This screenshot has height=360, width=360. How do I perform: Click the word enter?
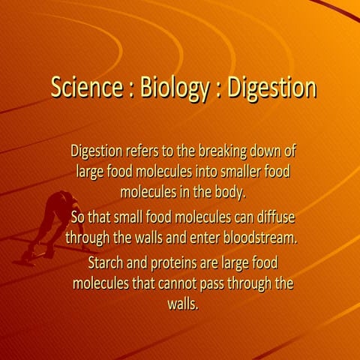click(x=198, y=238)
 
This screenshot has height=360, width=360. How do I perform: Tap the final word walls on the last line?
click(x=182, y=304)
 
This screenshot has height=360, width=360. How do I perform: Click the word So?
click(x=78, y=218)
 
